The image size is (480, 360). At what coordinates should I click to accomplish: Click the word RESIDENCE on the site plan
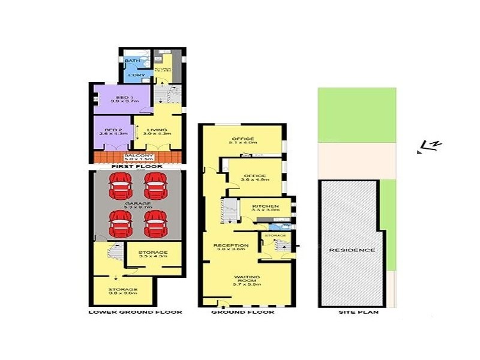352,250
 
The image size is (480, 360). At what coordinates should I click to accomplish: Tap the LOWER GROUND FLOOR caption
135,313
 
